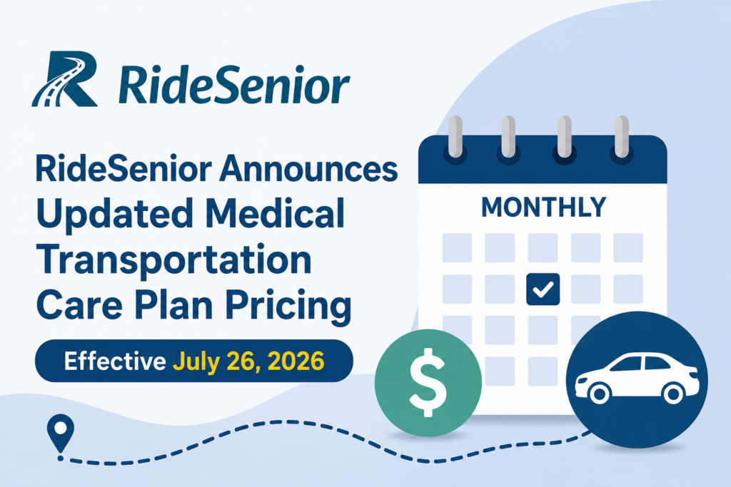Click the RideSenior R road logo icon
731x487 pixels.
65,78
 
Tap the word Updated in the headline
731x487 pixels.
115,214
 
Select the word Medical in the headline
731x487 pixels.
275,212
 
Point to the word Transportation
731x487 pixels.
174,260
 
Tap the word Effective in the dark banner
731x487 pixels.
115,361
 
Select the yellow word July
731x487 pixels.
196,362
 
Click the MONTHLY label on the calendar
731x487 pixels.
543,207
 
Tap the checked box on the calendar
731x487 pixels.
543,289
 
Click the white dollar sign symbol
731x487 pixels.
428,381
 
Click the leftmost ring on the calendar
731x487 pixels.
455,138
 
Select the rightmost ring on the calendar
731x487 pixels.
622,138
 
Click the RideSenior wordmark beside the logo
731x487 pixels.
233,85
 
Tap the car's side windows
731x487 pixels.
640,363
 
